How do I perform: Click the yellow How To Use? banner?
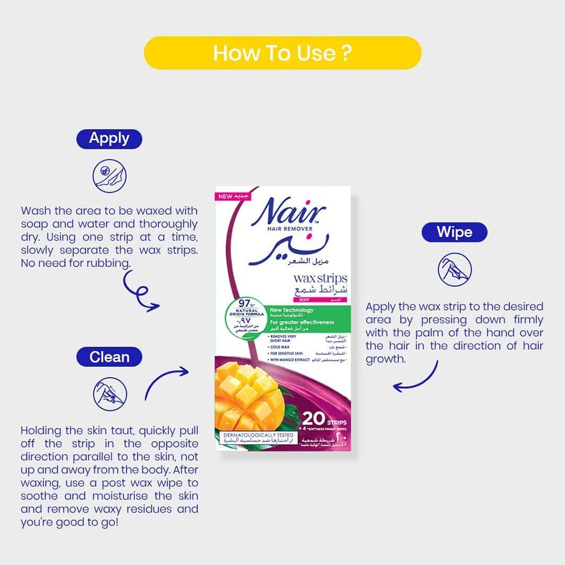tap(282, 53)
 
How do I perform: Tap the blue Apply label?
tap(109, 138)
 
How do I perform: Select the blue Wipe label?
tap(454, 232)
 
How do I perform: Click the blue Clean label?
tap(109, 357)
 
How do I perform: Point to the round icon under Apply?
tap(109, 175)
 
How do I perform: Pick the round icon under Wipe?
tap(455, 270)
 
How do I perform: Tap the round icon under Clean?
tap(109, 394)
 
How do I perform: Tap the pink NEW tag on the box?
tap(232, 196)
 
